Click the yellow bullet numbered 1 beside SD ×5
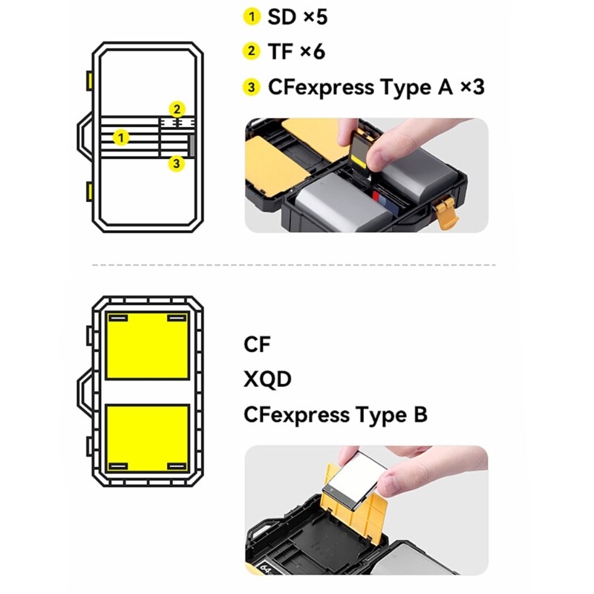[254, 16]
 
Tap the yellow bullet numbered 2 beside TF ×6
[254, 51]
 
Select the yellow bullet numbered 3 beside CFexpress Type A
[254, 88]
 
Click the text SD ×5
[298, 16]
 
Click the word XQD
[267, 379]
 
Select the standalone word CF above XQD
[258, 345]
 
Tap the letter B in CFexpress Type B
[420, 414]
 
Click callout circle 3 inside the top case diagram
[176, 163]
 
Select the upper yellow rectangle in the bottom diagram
[147, 346]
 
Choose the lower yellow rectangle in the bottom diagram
[147, 438]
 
